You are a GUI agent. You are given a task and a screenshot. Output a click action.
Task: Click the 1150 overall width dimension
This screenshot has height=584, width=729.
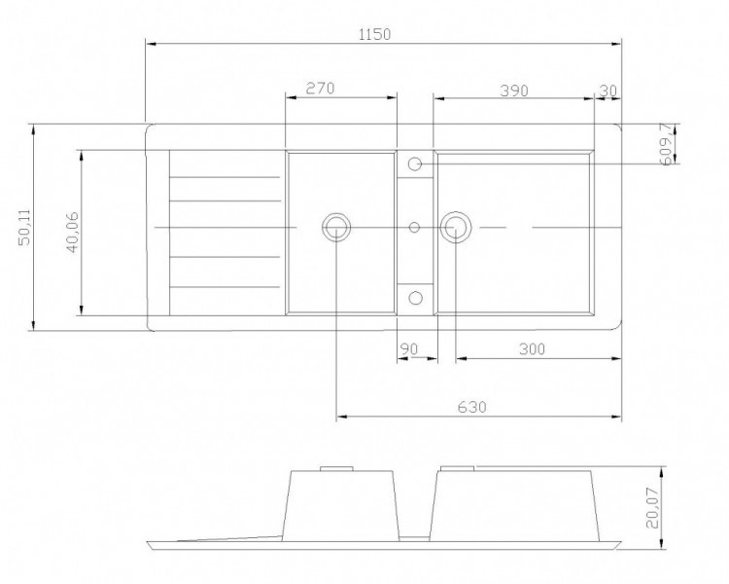pyautogui.click(x=375, y=34)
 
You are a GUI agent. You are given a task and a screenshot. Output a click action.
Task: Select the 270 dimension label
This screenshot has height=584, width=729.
pyautogui.click(x=321, y=88)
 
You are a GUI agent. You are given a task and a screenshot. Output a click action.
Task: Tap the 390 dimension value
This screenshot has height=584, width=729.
pyautogui.click(x=514, y=91)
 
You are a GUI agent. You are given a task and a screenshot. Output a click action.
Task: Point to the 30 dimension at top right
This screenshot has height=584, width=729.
pyautogui.click(x=608, y=91)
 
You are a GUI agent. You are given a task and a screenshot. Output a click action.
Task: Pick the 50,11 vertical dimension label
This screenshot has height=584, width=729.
pyautogui.click(x=24, y=227)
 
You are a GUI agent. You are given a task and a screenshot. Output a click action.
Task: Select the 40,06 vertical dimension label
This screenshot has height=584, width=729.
pyautogui.click(x=73, y=233)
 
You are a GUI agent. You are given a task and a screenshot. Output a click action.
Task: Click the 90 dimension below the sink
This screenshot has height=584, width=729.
pyautogui.click(x=409, y=348)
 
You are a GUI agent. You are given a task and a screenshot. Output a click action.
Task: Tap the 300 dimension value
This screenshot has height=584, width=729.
pyautogui.click(x=532, y=348)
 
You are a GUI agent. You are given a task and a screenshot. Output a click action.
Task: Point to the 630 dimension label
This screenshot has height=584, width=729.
pyautogui.click(x=471, y=407)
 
